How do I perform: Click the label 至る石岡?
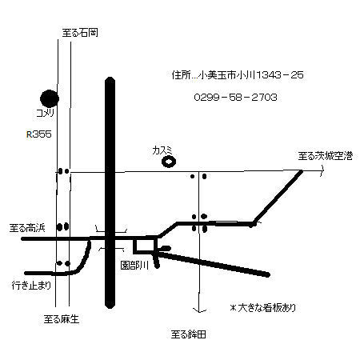pyautogui.click(x=80, y=33)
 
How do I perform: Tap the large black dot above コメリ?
pyautogui.click(x=50, y=98)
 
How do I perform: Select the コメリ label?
pyautogui.click(x=46, y=113)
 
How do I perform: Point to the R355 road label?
pyautogui.click(x=39, y=134)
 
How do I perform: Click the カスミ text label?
pyautogui.click(x=162, y=150)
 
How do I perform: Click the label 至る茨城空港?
pyautogui.click(x=326, y=156)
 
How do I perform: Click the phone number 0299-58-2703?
pyautogui.click(x=235, y=97)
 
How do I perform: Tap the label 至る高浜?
pyautogui.click(x=27, y=228)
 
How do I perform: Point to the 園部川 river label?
pyautogui.click(x=134, y=266)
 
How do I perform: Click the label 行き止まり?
pyautogui.click(x=31, y=286)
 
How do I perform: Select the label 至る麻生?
pyautogui.click(x=62, y=319)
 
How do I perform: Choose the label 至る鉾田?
pyautogui.click(x=189, y=334)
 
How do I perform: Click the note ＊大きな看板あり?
pyautogui.click(x=263, y=308)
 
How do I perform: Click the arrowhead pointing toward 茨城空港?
pyautogui.click(x=322, y=170)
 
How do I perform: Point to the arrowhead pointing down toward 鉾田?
pyautogui.click(x=200, y=310)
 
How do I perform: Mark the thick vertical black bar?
pyautogui.click(x=110, y=193)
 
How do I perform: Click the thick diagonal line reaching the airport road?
pyautogui.click(x=278, y=197)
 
